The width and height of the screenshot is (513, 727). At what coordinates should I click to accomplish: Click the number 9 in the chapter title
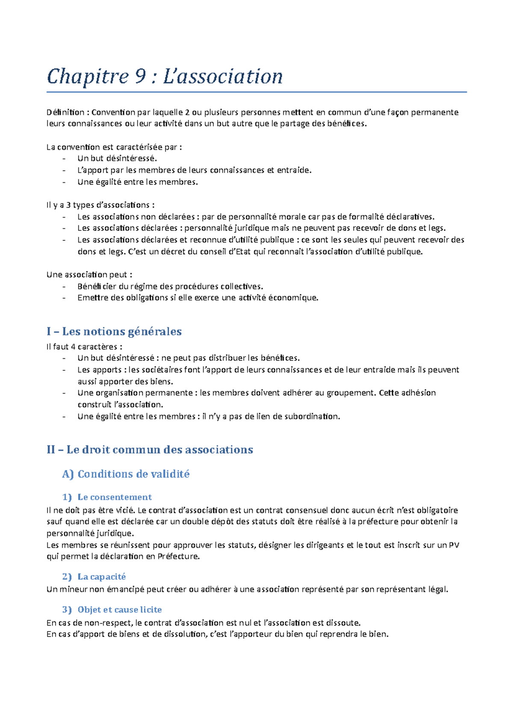(x=140, y=77)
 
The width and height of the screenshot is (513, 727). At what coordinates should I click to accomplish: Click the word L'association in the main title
(x=223, y=77)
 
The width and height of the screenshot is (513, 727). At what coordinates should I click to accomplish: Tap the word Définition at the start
(x=65, y=113)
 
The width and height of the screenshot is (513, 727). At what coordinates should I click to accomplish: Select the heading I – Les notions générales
(x=114, y=331)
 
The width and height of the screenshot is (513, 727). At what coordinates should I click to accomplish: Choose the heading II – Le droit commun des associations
(x=150, y=450)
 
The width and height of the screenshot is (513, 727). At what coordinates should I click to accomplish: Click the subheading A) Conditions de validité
(x=126, y=474)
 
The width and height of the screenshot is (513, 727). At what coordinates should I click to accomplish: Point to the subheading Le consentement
(x=115, y=497)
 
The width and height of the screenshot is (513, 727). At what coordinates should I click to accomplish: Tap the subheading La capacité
(x=102, y=577)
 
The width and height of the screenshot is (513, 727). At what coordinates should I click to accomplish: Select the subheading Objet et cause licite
(x=120, y=610)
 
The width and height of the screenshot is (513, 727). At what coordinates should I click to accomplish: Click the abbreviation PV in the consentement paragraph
(x=454, y=545)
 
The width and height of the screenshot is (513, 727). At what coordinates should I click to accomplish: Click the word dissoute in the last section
(x=343, y=623)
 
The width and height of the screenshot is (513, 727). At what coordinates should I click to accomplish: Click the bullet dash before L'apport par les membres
(x=64, y=170)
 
